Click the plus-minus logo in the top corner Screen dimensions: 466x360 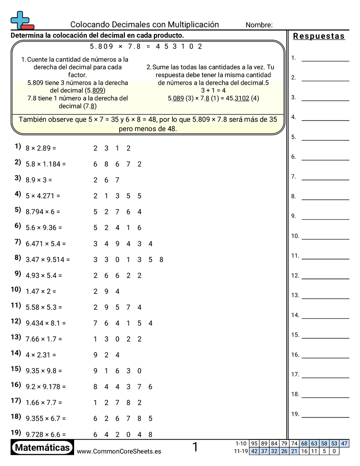pos(21,20)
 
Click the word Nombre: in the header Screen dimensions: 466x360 pos(259,25)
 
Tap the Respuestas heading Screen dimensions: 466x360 pos(319,36)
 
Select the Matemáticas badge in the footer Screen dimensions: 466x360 pos(42,448)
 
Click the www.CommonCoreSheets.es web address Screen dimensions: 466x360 pos(119,451)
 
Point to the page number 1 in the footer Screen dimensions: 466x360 pos(195,447)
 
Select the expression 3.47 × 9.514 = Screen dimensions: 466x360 pos(48,259)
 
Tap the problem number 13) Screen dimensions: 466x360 pos(16,337)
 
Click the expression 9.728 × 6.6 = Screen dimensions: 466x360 pos(45,434)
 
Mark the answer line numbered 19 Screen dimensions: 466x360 pos(325,417)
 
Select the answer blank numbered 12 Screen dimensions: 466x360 pos(325,278)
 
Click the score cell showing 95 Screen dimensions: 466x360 pos(254,443)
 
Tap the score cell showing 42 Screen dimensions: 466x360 pos(254,451)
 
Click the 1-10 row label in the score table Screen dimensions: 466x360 pos(241,443)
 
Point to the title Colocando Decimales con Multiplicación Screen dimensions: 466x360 pos(145,25)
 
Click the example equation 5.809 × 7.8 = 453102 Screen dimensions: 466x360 pos(146,46)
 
